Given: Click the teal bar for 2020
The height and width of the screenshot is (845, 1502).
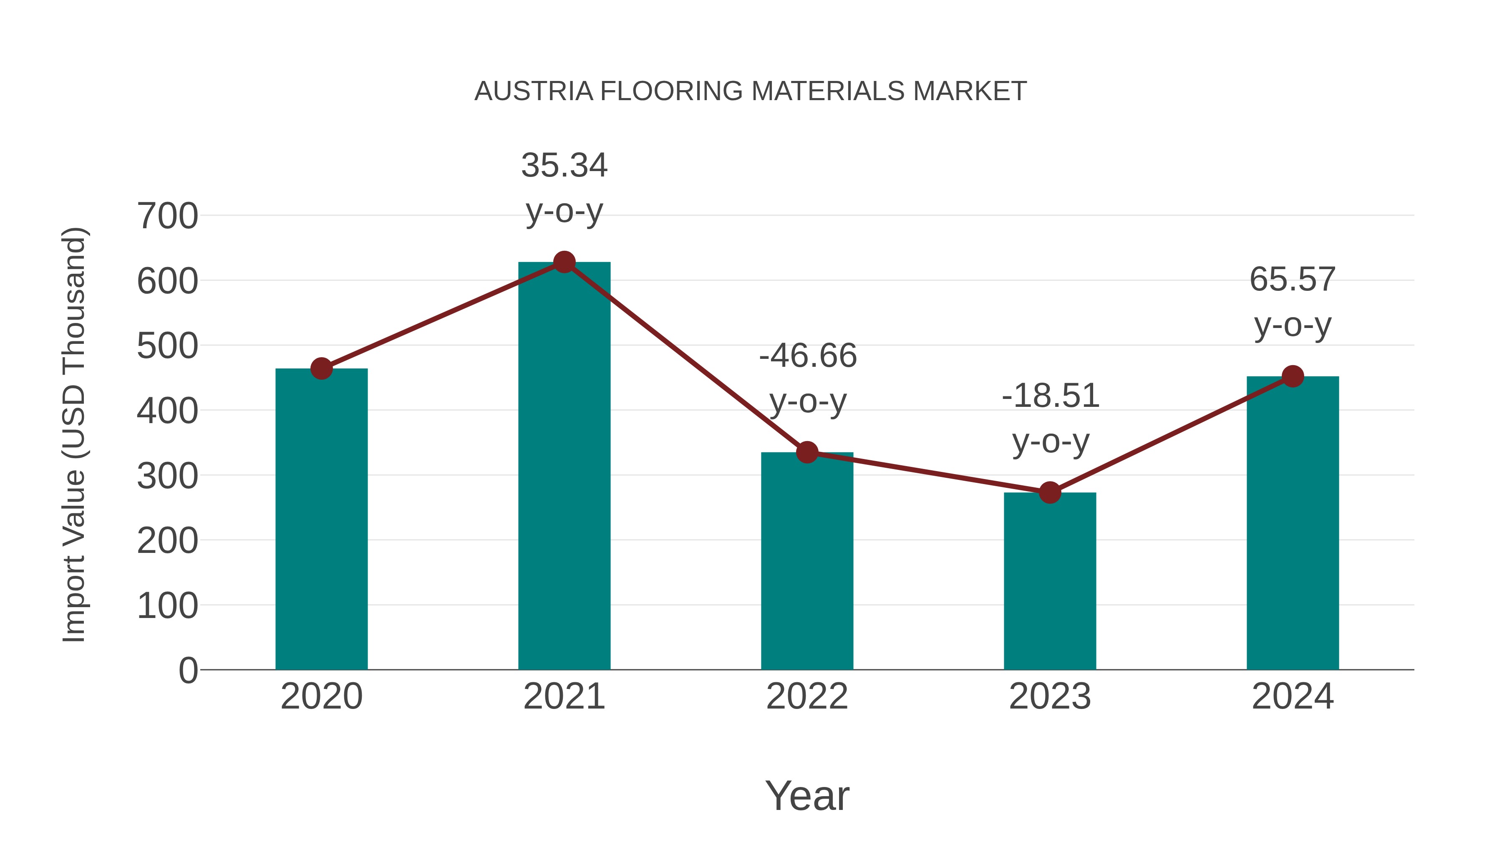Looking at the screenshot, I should pyautogui.click(x=321, y=519).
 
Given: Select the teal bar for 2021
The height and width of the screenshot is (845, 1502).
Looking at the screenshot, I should pyautogui.click(x=564, y=467).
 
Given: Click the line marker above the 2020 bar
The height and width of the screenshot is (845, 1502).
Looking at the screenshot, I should pyautogui.click(x=321, y=368).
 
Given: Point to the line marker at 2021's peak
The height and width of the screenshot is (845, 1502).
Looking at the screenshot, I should pyautogui.click(x=564, y=262).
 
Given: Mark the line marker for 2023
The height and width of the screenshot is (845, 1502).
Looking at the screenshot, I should pyautogui.click(x=1050, y=493).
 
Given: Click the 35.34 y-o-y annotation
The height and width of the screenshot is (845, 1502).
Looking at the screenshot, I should pyautogui.click(x=564, y=188).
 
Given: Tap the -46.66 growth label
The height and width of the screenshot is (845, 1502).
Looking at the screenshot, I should pyautogui.click(x=808, y=378).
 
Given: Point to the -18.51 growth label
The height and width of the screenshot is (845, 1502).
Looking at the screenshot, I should pyautogui.click(x=1050, y=418).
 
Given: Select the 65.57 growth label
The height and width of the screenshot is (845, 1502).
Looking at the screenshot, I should pyautogui.click(x=1293, y=302).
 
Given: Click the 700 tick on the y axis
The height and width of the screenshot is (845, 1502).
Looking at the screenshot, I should pyautogui.click(x=167, y=216).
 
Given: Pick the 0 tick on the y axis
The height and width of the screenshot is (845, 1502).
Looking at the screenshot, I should pyautogui.click(x=188, y=671).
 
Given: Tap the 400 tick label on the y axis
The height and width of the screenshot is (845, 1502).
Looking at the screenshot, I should pyautogui.click(x=167, y=411).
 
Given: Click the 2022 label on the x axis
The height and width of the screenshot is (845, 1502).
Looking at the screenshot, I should pyautogui.click(x=807, y=696).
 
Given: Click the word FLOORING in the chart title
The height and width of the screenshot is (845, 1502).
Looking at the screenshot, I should pyautogui.click(x=671, y=91).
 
